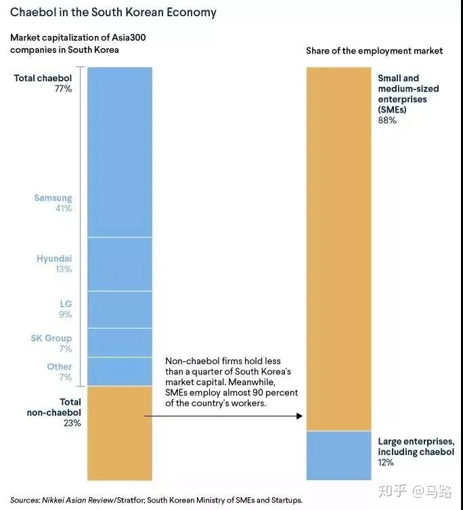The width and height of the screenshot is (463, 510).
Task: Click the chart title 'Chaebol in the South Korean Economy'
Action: pyautogui.click(x=113, y=13)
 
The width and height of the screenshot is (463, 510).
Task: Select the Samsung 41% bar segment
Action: pyautogui.click(x=120, y=152)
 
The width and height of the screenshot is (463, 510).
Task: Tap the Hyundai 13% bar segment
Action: pyautogui.click(x=120, y=264)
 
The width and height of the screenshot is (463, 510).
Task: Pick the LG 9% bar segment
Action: pyautogui.click(x=120, y=309)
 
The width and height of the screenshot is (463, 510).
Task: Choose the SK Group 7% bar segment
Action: pyautogui.click(x=120, y=342)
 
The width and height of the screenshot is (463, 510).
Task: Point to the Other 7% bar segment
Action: pyautogui.click(x=120, y=372)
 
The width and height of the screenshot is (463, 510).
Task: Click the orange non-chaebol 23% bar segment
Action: pyautogui.click(x=120, y=433)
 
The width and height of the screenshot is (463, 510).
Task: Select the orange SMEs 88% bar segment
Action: pyautogui.click(x=338, y=249)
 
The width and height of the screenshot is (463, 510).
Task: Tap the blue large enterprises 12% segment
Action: pyautogui.click(x=338, y=456)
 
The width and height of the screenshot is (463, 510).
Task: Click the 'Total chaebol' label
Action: pyautogui.click(x=43, y=78)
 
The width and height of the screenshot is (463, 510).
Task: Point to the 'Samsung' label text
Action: pyautogui.click(x=53, y=198)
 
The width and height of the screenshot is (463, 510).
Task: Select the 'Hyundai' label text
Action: pyautogui.click(x=54, y=258)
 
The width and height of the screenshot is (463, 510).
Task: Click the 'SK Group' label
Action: pyautogui.click(x=51, y=338)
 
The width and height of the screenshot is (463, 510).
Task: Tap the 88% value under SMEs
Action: pyautogui.click(x=387, y=120)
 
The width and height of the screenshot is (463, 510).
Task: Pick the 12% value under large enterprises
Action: pyautogui.click(x=386, y=463)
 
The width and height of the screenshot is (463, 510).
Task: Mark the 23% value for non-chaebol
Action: pyautogui.click(x=72, y=423)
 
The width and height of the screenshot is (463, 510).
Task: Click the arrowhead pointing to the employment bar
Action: pyautogui.click(x=299, y=416)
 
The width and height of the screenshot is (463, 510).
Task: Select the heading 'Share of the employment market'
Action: pyautogui.click(x=374, y=51)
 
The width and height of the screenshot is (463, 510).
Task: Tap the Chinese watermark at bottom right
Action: pyautogui.click(x=415, y=491)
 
